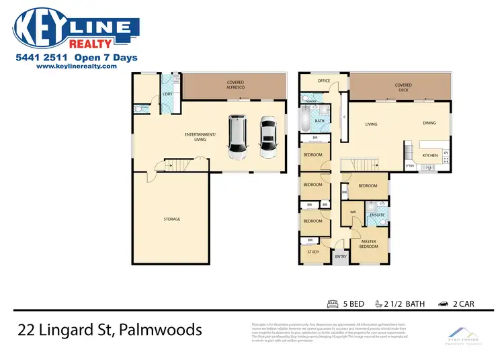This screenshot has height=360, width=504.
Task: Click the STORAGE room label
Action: (172, 219)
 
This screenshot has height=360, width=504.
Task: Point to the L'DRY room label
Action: (168, 94)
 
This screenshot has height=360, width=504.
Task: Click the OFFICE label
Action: (323, 81)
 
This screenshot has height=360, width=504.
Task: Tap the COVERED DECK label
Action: (403, 88)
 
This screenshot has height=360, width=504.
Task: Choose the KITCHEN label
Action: (430, 155)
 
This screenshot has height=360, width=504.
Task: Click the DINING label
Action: (430, 124)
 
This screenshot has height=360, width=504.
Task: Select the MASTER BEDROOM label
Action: (368, 243)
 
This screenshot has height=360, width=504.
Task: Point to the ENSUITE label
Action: (376, 214)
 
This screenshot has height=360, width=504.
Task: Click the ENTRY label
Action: (341, 256)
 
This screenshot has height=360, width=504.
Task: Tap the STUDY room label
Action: (313, 252)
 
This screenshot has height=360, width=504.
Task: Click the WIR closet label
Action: (352, 212)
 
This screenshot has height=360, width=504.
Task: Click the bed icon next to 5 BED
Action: (333, 304)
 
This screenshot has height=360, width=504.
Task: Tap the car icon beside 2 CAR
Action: (444, 304)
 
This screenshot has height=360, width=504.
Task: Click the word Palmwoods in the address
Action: (165, 330)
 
